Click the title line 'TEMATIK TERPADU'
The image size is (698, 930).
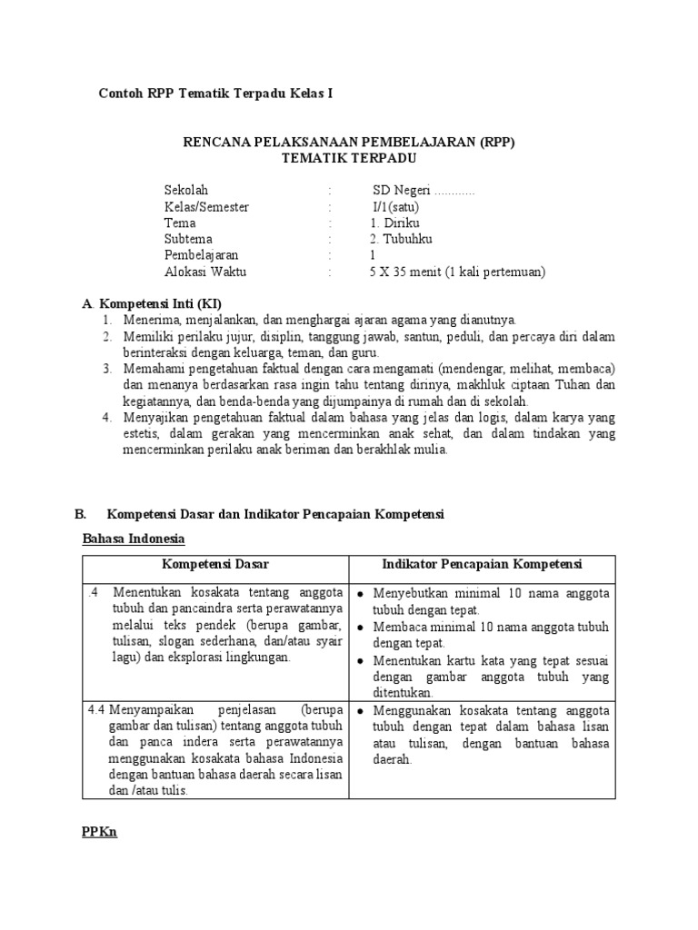348,158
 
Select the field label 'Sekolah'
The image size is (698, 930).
186,190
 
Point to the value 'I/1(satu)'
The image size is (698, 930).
395,206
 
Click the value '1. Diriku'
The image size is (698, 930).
394,223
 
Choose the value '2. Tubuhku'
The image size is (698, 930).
401,239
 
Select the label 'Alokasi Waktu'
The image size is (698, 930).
204,272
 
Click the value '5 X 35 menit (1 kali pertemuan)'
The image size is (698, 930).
457,272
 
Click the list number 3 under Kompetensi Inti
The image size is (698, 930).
106,369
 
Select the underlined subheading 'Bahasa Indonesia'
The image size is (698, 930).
134,539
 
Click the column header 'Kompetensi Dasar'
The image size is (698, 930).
215,565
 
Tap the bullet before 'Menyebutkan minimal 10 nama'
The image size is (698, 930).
361,594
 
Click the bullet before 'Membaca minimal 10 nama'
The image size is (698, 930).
361,628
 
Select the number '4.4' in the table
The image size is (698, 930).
97,709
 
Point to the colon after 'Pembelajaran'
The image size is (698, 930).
330,255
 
